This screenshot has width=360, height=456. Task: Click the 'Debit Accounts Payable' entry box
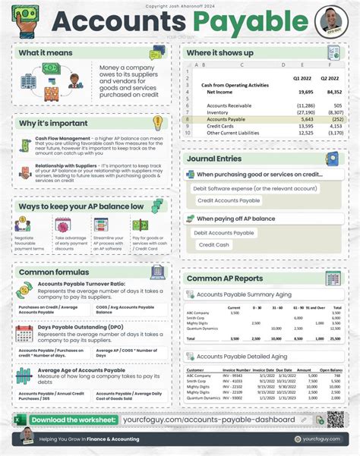pyautogui.click(x=224, y=232)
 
